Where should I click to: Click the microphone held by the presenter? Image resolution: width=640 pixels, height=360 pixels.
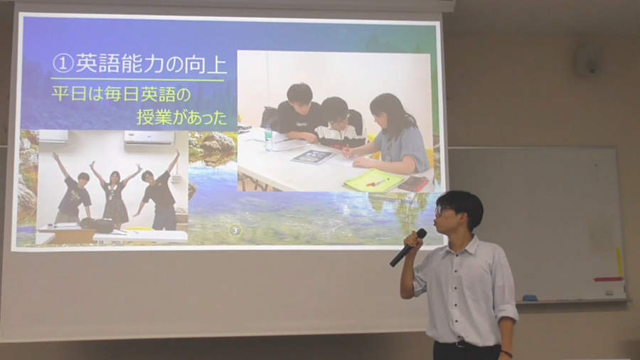407,248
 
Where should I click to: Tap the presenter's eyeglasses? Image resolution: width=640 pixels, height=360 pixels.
442,211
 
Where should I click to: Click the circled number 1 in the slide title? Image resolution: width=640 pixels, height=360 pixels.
63,63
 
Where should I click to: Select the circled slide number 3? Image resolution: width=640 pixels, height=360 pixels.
234,231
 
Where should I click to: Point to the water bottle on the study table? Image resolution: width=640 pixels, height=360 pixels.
268,138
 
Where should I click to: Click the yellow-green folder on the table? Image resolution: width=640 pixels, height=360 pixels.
373,181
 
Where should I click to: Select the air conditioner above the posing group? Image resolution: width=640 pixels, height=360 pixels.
149,137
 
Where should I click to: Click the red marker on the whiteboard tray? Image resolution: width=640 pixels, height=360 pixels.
608,280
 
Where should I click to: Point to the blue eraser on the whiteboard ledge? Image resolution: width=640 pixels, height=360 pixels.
530,298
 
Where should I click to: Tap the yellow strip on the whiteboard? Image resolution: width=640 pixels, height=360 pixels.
619,262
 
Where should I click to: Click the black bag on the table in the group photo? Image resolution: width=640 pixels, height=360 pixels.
97,225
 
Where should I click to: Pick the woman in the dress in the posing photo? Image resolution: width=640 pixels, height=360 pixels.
114,195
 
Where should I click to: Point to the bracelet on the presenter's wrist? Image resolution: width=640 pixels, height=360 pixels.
506,354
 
